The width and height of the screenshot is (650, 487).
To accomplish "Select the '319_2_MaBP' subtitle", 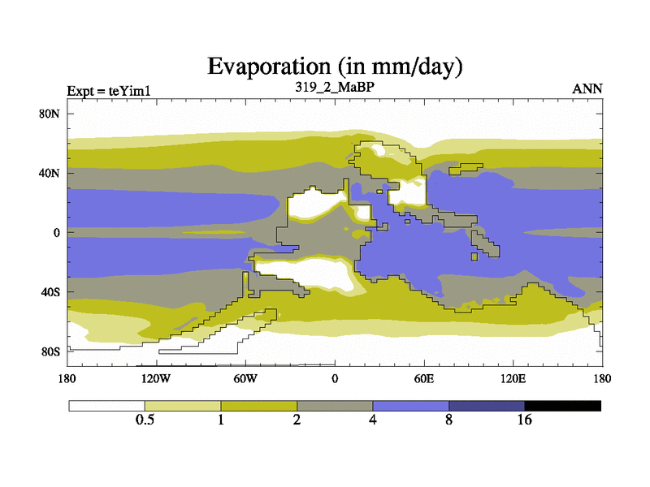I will click(x=335, y=85).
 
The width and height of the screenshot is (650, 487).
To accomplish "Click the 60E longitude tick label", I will click(x=424, y=379).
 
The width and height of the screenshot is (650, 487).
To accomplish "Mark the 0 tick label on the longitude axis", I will click(x=335, y=379).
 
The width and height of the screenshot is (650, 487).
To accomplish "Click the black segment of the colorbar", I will click(x=563, y=405).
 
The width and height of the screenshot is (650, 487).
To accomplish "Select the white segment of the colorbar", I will click(x=106, y=405).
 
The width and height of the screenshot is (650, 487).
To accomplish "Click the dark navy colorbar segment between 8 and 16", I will click(x=487, y=405).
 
